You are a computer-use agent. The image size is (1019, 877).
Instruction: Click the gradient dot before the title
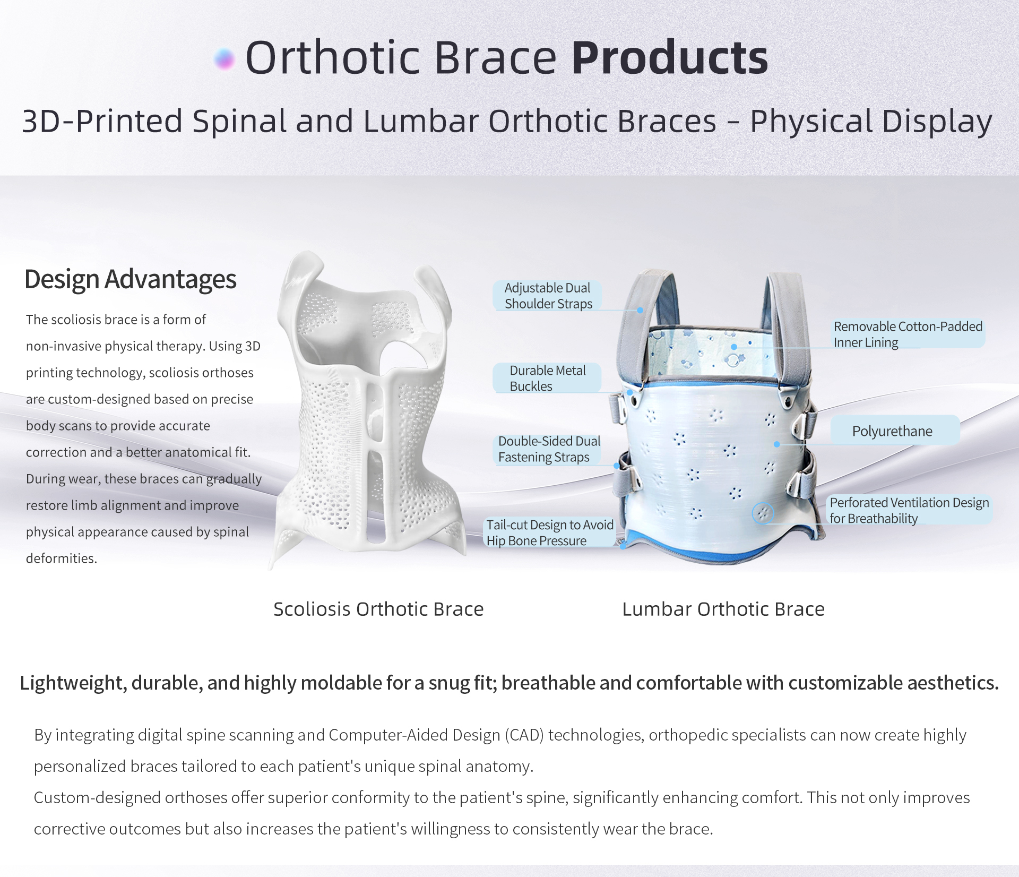tap(224, 59)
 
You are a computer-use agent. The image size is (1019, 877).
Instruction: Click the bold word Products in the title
tap(670, 57)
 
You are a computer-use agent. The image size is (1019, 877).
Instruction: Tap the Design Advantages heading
tap(131, 279)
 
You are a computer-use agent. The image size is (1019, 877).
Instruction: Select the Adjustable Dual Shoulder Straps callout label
tap(548, 296)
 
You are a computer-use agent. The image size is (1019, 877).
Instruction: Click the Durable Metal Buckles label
tap(548, 378)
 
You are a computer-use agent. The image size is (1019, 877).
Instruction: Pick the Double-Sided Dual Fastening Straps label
tap(549, 449)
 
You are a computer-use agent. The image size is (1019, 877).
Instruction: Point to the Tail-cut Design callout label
tap(550, 532)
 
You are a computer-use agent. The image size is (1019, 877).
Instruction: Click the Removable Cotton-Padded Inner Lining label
tap(908, 334)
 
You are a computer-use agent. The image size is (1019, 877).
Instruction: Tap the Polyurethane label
tap(895, 431)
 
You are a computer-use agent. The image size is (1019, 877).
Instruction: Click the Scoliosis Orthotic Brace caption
tap(378, 609)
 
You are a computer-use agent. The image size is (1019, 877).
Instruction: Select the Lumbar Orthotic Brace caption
tap(723, 609)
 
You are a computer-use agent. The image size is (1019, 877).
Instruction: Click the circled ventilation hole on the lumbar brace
tap(763, 513)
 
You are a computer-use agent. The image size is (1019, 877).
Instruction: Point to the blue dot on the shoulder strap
tap(640, 310)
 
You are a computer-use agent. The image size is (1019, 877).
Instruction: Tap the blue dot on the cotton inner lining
tap(734, 347)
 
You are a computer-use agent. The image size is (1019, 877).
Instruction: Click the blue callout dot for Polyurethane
tap(777, 444)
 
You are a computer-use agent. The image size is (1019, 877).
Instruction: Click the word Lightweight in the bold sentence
tap(73, 683)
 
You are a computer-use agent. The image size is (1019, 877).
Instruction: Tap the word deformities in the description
tap(62, 558)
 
